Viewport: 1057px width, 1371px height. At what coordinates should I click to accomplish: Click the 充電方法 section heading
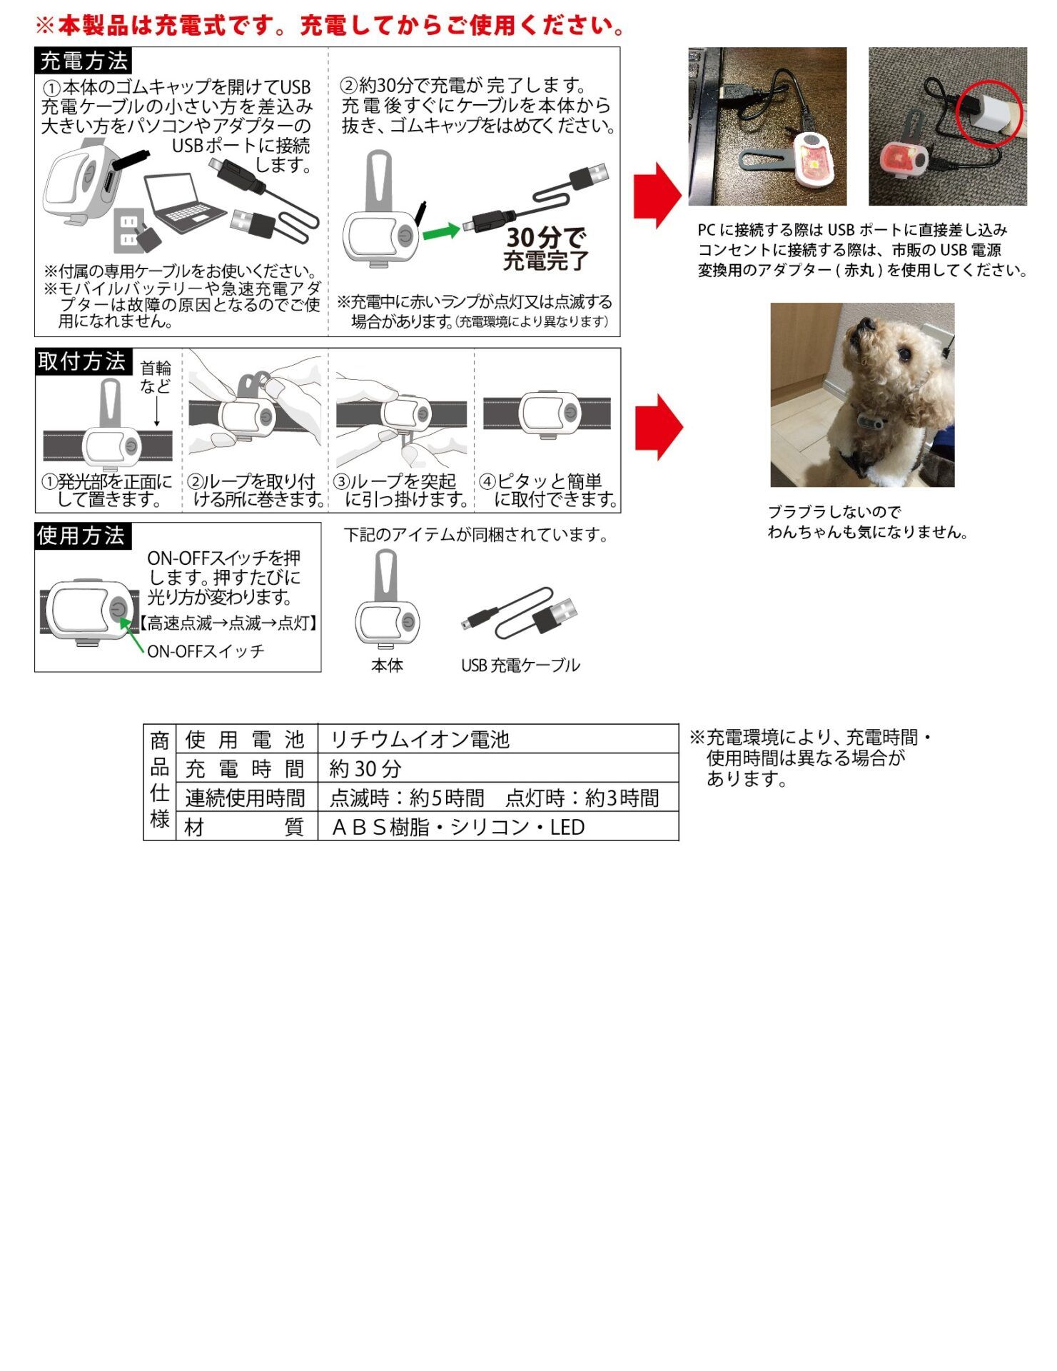pyautogui.click(x=83, y=61)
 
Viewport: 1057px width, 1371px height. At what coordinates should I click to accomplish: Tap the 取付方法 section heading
pyautogui.click(x=83, y=361)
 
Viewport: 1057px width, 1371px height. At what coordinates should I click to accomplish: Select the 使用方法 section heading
pyautogui.click(x=83, y=536)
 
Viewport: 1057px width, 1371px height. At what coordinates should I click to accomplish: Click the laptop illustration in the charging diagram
pyautogui.click(x=184, y=204)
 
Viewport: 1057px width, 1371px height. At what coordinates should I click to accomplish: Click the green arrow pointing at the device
pyautogui.click(x=441, y=231)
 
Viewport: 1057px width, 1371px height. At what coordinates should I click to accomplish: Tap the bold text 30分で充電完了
pyautogui.click(x=546, y=248)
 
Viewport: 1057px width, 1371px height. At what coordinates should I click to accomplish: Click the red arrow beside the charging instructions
pyautogui.click(x=657, y=196)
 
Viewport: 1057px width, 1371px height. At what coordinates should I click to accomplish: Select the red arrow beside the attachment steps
pyautogui.click(x=659, y=427)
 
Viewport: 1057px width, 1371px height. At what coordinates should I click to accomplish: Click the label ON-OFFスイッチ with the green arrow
pyautogui.click(x=206, y=651)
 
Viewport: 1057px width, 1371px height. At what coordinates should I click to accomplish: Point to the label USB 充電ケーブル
pyautogui.click(x=520, y=666)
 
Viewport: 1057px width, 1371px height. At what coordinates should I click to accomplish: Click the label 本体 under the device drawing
pyautogui.click(x=388, y=666)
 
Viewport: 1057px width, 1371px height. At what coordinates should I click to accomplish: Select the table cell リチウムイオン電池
pyautogui.click(x=420, y=740)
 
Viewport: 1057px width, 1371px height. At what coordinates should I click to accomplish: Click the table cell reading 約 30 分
pyautogui.click(x=365, y=769)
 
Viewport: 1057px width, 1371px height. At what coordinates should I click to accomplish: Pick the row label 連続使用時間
pyautogui.click(x=245, y=798)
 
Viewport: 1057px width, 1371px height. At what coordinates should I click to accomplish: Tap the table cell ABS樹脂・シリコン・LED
pyautogui.click(x=458, y=828)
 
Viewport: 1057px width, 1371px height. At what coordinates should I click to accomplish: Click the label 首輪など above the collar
pyautogui.click(x=156, y=377)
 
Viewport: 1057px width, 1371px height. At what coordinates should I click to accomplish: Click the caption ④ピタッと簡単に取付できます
pyautogui.click(x=548, y=491)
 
